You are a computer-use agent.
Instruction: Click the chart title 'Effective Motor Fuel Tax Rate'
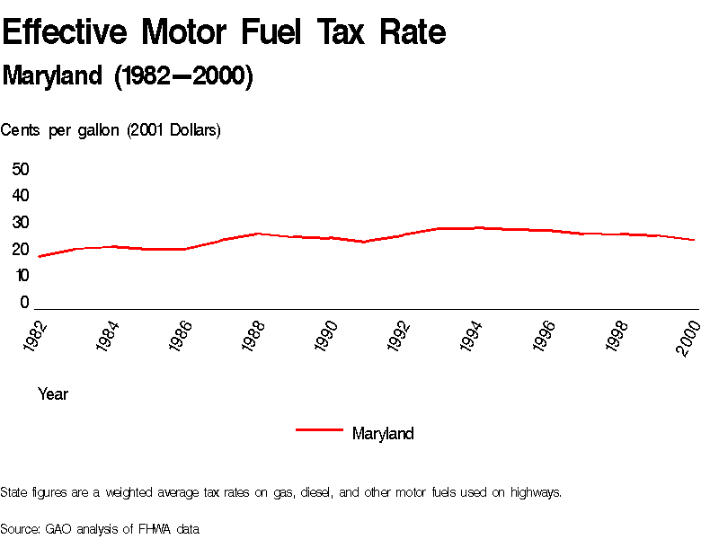point(224,32)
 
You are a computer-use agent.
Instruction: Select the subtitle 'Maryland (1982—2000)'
point(128,76)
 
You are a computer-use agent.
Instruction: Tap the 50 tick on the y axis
point(21,169)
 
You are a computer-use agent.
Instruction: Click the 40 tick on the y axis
point(21,196)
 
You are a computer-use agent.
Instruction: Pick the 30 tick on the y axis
point(21,223)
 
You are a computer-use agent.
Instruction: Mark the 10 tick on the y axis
point(21,276)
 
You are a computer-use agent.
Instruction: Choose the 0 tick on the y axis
point(25,303)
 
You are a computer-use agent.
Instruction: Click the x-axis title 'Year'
point(53,394)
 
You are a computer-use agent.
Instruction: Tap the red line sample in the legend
point(319,430)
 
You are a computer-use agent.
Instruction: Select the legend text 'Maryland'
point(383,434)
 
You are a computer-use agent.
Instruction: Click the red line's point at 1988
point(258,234)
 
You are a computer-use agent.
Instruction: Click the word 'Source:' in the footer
point(21,529)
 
